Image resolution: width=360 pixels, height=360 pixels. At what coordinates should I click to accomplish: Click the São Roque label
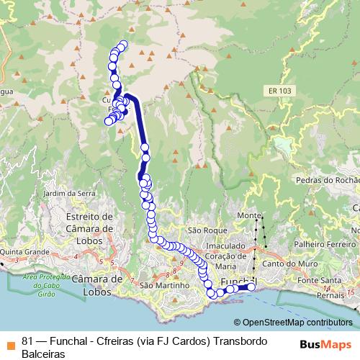pos(202,230)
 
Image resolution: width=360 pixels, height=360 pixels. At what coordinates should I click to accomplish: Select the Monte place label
pos(248,216)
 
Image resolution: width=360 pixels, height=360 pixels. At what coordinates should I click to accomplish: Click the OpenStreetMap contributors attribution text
pos(297,323)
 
